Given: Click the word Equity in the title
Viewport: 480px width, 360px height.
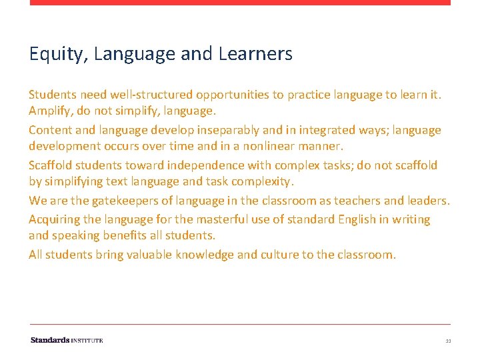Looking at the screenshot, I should point(50,54).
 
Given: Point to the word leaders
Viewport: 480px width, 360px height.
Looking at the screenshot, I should point(424,201).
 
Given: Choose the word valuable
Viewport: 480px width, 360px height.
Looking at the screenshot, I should point(144,255).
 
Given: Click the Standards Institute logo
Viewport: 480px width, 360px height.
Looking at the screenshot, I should point(67,340).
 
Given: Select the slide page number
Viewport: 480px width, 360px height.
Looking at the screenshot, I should point(448,341).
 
